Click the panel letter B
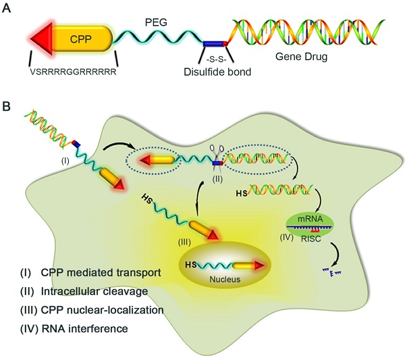(7, 106)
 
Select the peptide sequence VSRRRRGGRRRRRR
(74, 70)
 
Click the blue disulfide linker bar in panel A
(215, 43)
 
